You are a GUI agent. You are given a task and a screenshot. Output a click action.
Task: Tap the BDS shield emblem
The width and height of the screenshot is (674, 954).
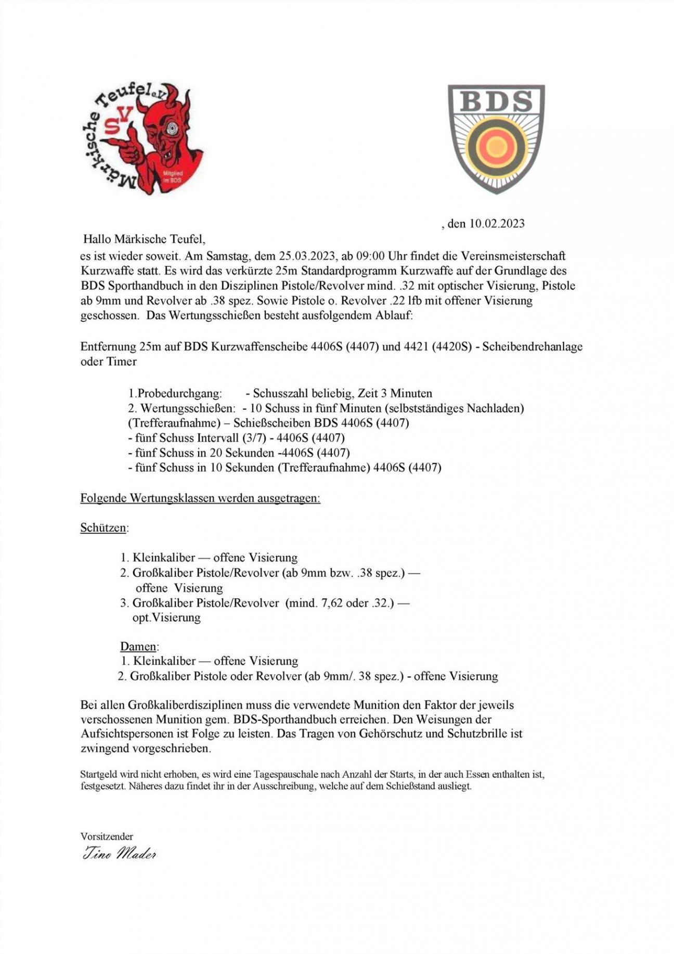(496, 138)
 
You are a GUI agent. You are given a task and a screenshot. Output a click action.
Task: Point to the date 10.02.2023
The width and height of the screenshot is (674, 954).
(497, 224)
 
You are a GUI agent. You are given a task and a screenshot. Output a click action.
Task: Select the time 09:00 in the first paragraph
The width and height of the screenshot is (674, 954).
(371, 256)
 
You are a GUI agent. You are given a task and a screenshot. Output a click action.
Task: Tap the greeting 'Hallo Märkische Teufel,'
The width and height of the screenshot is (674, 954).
(145, 239)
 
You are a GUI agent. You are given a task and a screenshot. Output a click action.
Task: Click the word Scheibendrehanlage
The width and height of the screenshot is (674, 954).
(532, 346)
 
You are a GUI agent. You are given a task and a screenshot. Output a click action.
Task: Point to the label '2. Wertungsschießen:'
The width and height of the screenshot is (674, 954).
(182, 408)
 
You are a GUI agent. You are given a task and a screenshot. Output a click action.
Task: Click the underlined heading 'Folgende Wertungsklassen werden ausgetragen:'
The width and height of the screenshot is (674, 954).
(200, 498)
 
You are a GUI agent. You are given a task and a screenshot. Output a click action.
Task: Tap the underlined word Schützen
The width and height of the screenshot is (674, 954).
(103, 528)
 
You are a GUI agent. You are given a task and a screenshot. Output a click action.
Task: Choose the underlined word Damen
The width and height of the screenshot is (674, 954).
(138, 647)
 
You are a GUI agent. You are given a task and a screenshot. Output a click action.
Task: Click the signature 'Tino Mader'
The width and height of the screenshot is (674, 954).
(119, 854)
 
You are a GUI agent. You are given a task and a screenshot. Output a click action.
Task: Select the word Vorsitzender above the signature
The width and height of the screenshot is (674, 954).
(107, 836)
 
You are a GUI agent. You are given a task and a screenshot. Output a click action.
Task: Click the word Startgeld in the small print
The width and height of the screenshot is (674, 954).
(97, 774)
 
